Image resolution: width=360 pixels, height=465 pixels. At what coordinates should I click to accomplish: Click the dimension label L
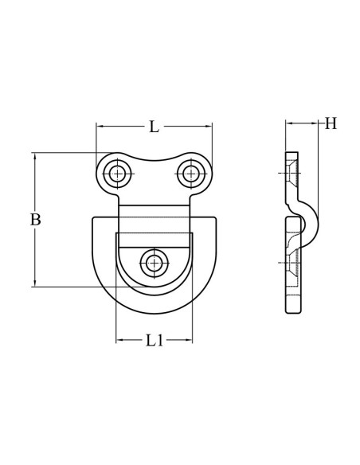coord(154,126)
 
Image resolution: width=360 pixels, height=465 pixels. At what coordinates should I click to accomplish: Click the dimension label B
coord(35,220)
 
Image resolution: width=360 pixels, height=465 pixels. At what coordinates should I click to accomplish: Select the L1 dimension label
coord(154,341)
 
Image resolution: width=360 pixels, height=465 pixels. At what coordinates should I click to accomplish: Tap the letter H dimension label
coord(330,123)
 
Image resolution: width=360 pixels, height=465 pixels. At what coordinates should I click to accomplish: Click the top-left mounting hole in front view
coord(118,173)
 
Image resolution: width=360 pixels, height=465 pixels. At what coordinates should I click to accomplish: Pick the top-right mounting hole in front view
coord(190,172)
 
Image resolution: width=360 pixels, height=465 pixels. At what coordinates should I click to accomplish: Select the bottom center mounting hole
coord(153,261)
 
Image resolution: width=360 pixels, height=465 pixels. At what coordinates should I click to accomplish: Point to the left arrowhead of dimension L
coord(100,126)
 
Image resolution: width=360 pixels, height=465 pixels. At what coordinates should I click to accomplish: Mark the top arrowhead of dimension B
coord(35,155)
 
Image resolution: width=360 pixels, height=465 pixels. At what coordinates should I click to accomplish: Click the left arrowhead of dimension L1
coord(119,341)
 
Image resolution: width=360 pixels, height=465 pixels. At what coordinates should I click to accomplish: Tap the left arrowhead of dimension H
coord(288,123)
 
